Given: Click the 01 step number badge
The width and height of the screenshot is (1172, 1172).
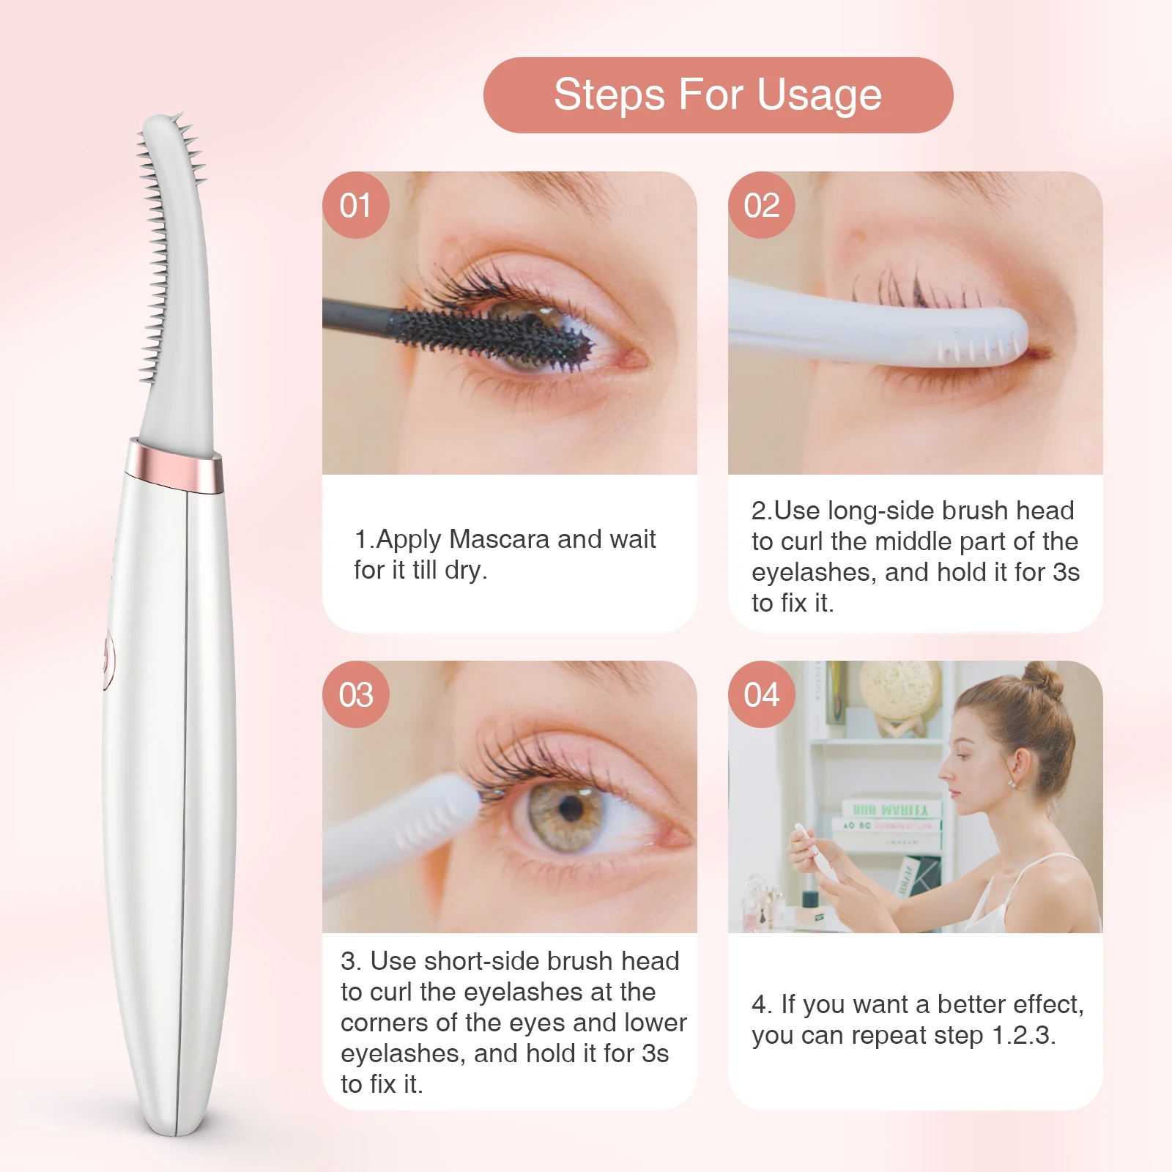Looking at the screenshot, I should (355, 205).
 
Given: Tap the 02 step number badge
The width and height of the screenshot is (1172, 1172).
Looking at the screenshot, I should (761, 205).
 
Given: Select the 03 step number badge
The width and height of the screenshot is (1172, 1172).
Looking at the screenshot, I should (355, 694).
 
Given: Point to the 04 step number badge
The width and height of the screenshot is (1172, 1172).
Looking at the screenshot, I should (761, 694).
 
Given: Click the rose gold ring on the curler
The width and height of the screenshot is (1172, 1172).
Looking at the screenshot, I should (174, 464).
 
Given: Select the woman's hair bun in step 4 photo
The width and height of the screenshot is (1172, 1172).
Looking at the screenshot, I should (1044, 679).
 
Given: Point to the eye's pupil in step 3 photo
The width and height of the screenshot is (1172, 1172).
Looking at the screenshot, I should (571, 809).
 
